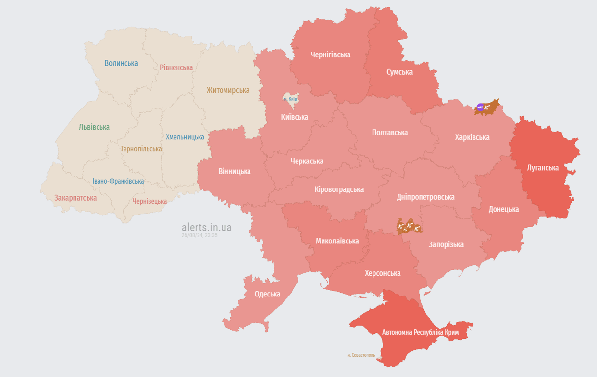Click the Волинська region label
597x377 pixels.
(x=121, y=63)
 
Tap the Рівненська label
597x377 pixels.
(x=176, y=67)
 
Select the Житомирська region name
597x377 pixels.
(x=227, y=90)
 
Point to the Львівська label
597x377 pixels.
(x=94, y=127)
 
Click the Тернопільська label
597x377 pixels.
(x=141, y=149)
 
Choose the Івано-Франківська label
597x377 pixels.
(x=118, y=181)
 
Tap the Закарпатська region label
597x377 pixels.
(x=75, y=198)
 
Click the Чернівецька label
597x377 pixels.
(x=149, y=201)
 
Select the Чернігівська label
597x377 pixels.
(x=330, y=55)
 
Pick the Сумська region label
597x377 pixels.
(x=399, y=72)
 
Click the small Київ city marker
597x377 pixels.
(x=290, y=98)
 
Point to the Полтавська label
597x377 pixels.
(x=390, y=133)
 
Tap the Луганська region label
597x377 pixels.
(x=543, y=168)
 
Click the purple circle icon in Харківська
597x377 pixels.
(x=481, y=108)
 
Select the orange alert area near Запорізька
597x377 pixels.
(x=409, y=226)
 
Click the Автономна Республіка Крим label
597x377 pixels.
(x=421, y=332)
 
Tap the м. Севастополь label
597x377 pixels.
(x=361, y=355)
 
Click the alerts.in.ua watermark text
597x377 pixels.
(x=206, y=228)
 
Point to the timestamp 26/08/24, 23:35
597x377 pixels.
(x=199, y=236)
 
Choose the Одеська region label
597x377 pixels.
(x=268, y=294)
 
